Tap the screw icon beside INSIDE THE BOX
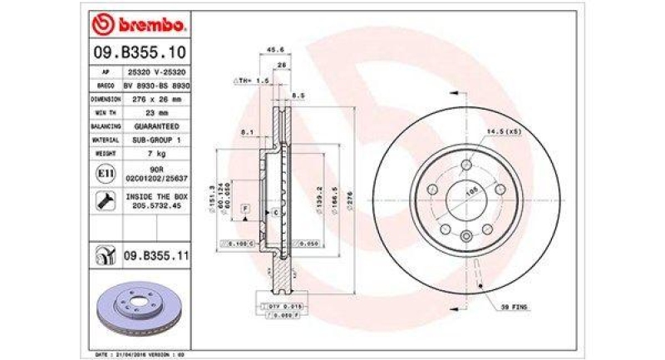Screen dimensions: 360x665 click(106, 200)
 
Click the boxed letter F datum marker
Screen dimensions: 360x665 click(246, 205)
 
